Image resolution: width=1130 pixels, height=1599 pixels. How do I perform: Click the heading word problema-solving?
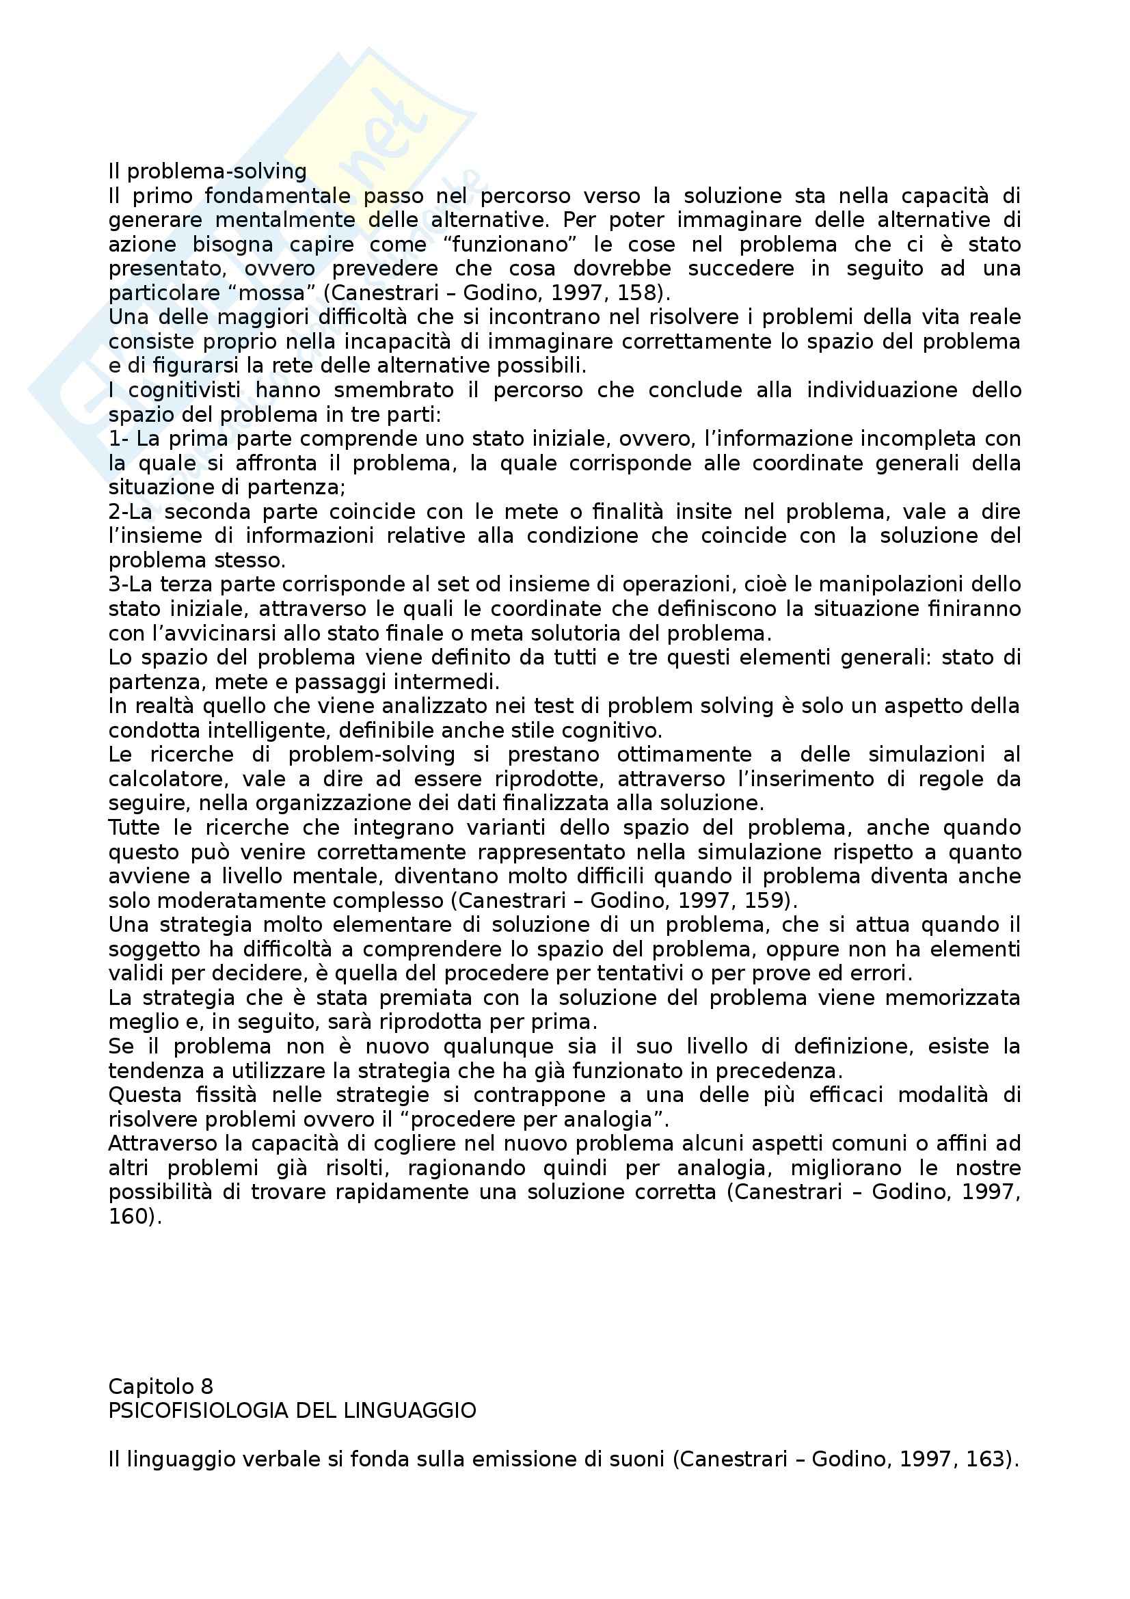click(x=217, y=172)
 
